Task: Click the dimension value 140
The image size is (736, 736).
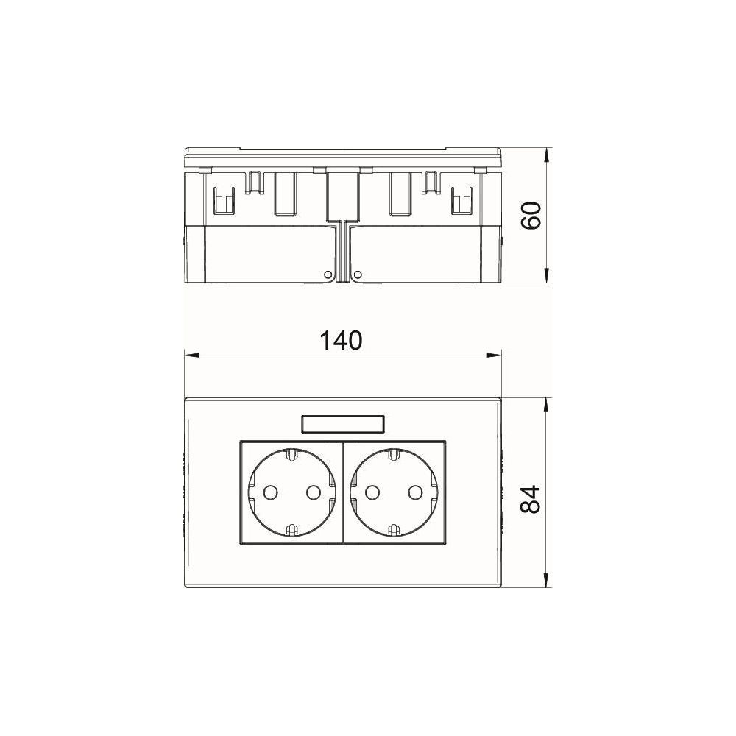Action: [342, 341]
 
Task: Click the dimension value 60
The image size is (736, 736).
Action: [532, 216]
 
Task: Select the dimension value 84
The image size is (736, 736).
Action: [532, 500]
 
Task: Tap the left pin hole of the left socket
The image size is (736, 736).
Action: [270, 492]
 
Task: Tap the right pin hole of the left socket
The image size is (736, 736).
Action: [313, 492]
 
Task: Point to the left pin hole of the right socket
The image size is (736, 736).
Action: [372, 492]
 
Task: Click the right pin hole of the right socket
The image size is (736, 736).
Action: [415, 492]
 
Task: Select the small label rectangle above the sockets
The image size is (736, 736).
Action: [343, 425]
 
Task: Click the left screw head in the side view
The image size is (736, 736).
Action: [328, 274]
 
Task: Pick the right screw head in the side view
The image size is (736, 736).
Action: [358, 274]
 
